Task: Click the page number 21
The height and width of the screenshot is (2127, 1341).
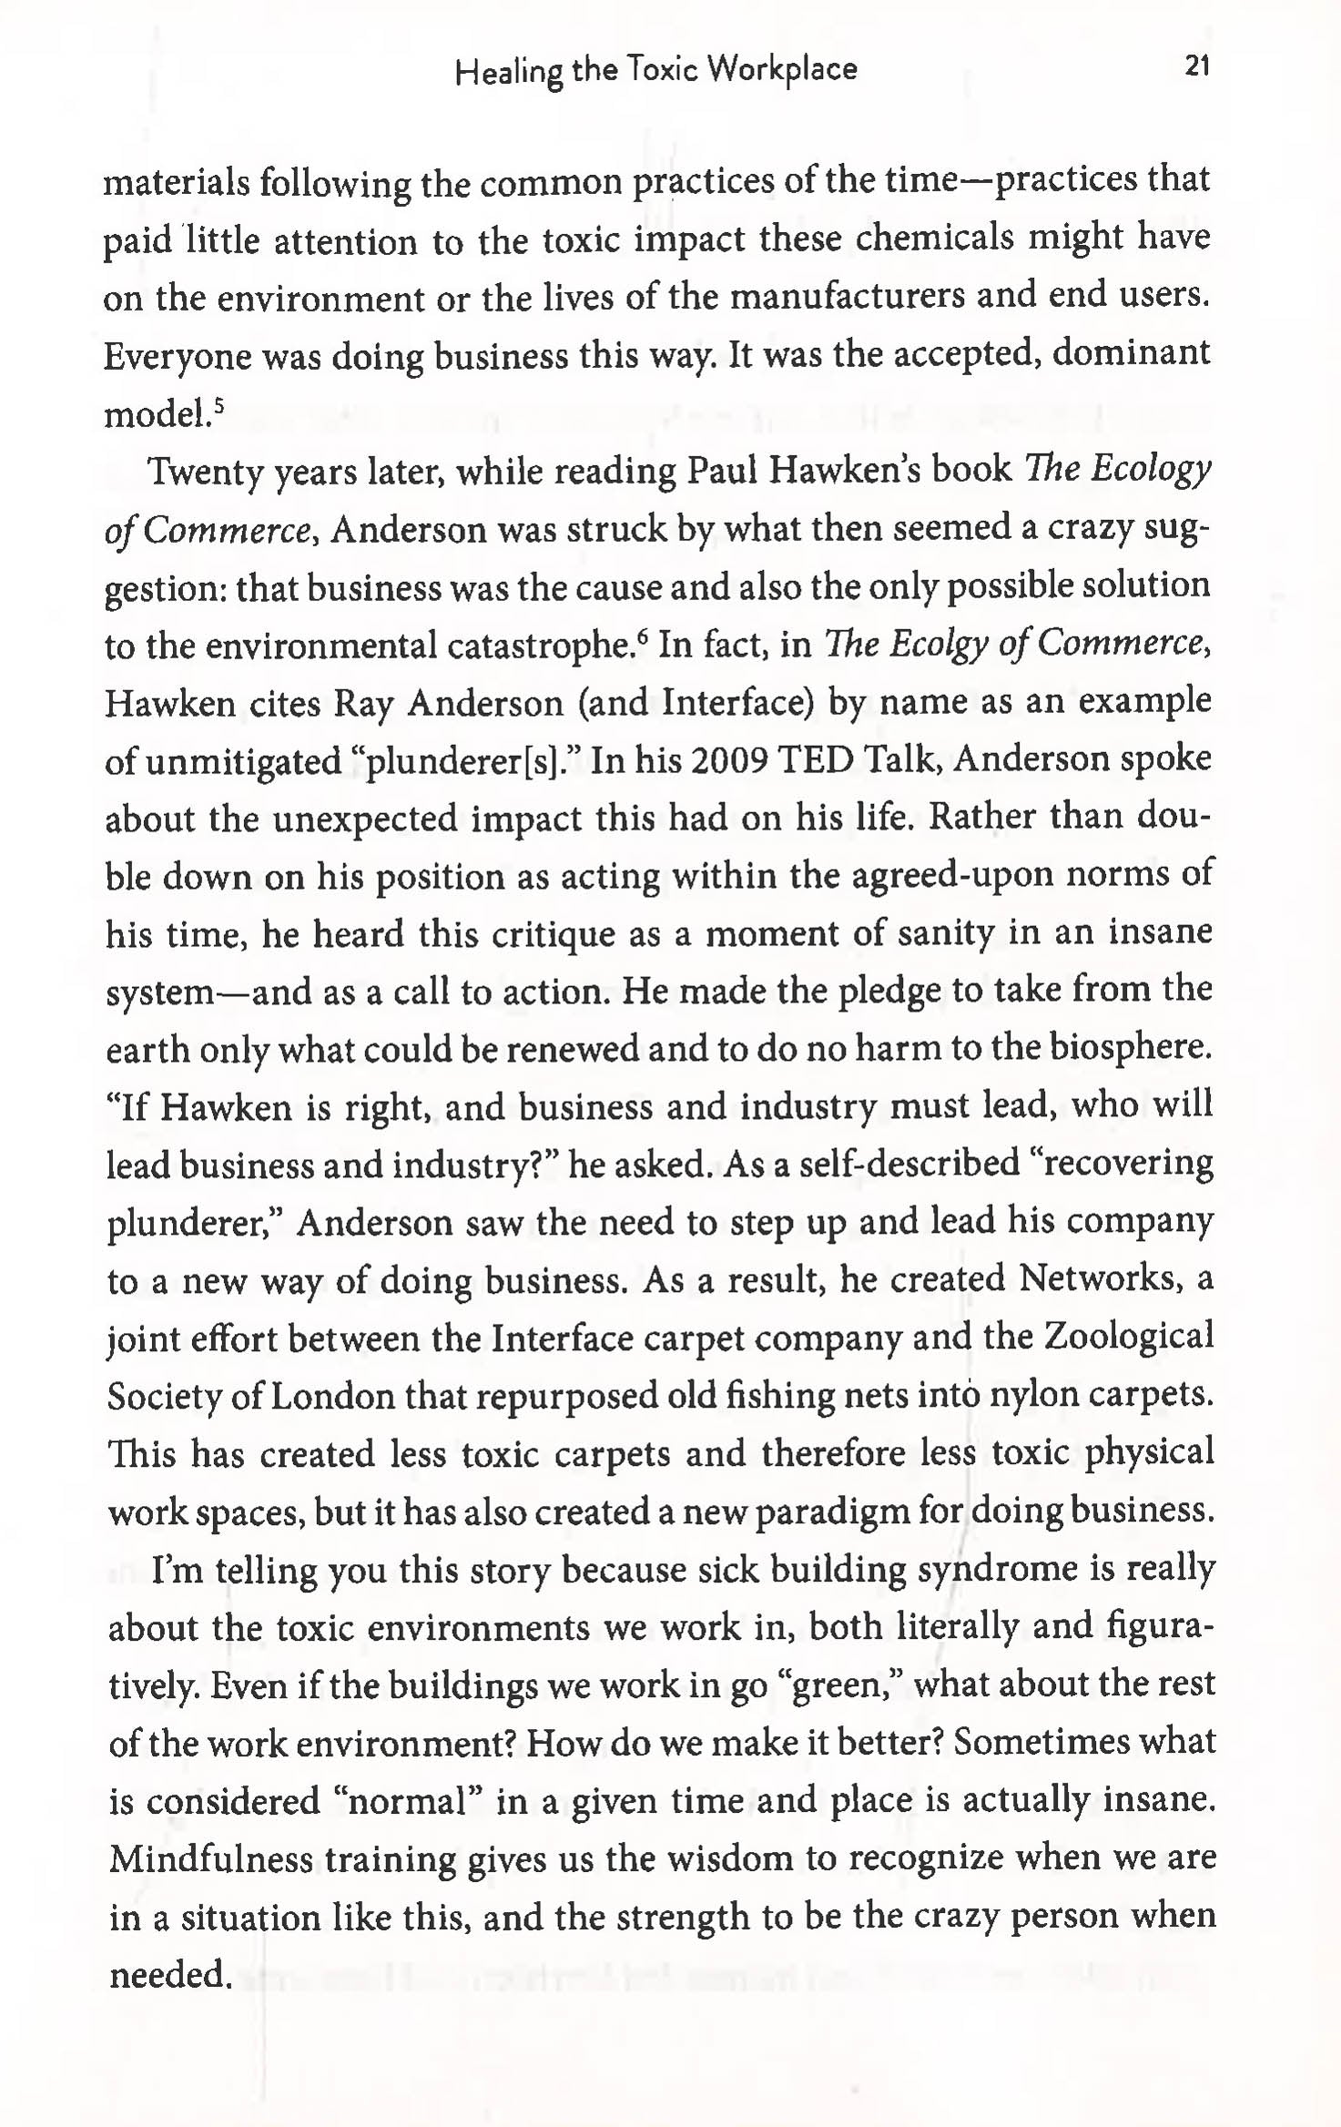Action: point(1197,66)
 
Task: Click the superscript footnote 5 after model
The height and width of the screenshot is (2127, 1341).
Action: point(218,404)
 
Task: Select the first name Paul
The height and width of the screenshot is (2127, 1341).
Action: point(723,470)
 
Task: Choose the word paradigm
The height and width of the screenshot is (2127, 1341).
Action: point(832,1512)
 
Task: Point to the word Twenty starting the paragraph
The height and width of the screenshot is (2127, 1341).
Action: point(206,472)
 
